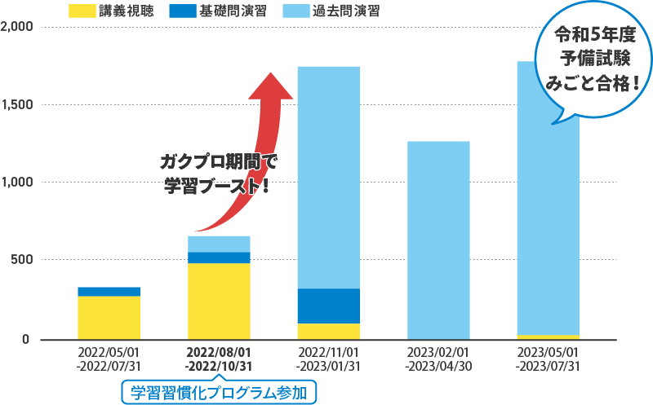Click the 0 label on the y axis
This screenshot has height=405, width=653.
pos(26,339)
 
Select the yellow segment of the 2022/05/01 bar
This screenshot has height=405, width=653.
pos(109,318)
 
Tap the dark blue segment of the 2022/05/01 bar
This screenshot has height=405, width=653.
pos(109,292)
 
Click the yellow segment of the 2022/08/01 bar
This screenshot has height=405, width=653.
pos(219,301)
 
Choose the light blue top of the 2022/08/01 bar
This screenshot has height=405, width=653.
pos(219,244)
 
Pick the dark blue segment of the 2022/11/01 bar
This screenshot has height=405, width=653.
pos(329,306)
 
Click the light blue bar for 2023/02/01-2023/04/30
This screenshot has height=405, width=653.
pos(438,240)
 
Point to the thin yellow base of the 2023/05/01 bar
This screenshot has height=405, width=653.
pos(548,337)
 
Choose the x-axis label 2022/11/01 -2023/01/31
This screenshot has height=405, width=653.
pos(329,359)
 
